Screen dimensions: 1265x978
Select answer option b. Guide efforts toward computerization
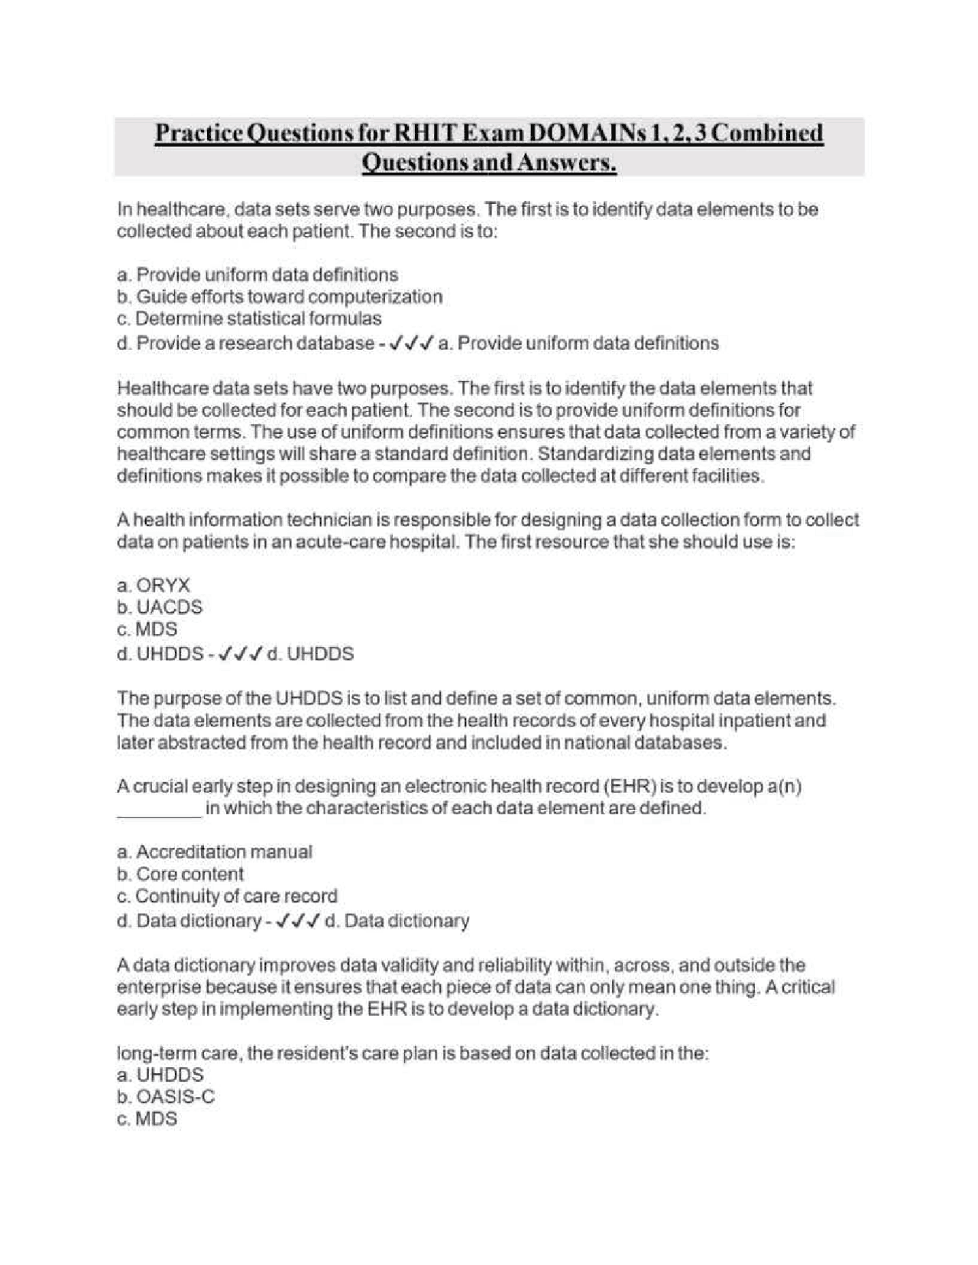pos(280,296)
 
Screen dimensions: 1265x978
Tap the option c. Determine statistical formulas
pos(249,319)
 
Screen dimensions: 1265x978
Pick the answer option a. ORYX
pos(154,586)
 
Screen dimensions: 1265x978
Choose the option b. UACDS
pos(160,608)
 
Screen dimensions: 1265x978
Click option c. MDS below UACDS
pos(147,630)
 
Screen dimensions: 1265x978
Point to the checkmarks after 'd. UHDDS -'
pos(241,655)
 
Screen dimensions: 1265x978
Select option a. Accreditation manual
pos(215,852)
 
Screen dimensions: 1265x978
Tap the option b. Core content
pos(180,874)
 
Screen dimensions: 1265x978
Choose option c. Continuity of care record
pos(227,896)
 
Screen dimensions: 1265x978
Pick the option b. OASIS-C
pos(166,1097)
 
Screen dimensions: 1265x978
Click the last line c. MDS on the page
pos(147,1119)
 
